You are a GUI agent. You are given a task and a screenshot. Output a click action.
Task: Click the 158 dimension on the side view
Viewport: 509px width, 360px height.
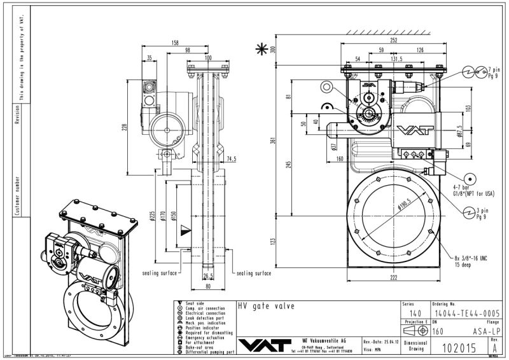pos(175,43)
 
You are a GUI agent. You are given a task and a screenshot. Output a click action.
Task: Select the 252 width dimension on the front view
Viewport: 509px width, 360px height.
pos(394,39)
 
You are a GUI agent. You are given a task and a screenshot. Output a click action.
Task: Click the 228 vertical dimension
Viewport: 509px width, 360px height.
pos(126,127)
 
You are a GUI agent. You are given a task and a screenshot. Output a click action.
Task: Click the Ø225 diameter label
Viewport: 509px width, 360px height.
pos(152,216)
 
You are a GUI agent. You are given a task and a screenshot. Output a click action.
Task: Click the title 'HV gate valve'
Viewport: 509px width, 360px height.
pos(258,305)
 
